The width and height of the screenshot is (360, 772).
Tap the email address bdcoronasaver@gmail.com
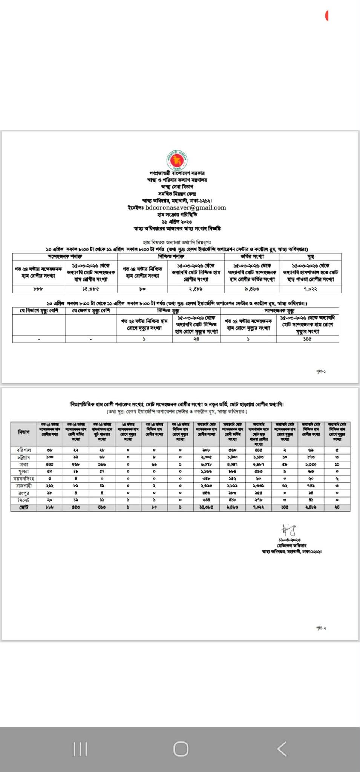point(185,207)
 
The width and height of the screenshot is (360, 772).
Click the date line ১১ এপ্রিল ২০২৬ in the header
point(177,221)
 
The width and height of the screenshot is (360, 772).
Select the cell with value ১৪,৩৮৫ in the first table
point(90,289)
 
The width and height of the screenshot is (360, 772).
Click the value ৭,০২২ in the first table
point(310,289)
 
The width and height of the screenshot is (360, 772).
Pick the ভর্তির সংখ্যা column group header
point(252,256)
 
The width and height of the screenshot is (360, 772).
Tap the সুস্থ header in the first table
point(310,256)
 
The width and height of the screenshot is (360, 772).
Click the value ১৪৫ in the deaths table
point(307,339)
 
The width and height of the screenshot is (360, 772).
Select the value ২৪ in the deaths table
point(196,339)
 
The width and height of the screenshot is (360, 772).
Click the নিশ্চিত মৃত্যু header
point(168,311)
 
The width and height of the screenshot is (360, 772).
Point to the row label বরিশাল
point(24,450)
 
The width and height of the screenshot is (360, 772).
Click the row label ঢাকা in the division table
point(24,464)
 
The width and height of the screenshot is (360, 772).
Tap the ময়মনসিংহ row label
point(24,479)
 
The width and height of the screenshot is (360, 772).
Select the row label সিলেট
point(24,500)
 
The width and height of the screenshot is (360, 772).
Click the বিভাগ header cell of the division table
point(24,432)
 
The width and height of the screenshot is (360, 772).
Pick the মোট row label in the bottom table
point(24,507)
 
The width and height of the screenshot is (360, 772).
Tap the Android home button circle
point(181,749)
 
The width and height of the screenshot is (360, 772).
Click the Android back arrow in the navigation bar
point(282,749)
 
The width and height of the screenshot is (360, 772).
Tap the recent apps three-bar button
point(80,749)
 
